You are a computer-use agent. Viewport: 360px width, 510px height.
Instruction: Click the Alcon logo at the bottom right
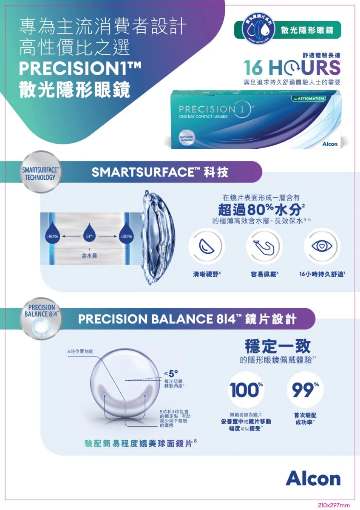tap(313, 478)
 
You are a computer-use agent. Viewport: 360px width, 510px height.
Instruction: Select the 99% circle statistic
tap(304, 390)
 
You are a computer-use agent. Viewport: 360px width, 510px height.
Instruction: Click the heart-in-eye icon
tap(322, 246)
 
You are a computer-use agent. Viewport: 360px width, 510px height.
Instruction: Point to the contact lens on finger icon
tap(264, 246)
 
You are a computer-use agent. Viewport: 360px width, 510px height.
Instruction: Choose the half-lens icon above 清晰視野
tap(206, 246)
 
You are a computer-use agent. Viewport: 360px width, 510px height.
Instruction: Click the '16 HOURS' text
tap(292, 68)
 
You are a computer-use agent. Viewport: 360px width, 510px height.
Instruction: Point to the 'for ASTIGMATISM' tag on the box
tap(309, 99)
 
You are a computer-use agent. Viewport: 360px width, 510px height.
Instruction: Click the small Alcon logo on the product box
tap(330, 144)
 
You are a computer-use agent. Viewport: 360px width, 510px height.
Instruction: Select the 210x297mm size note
tap(334, 505)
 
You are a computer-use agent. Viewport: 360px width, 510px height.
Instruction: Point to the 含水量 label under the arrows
tap(90, 255)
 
